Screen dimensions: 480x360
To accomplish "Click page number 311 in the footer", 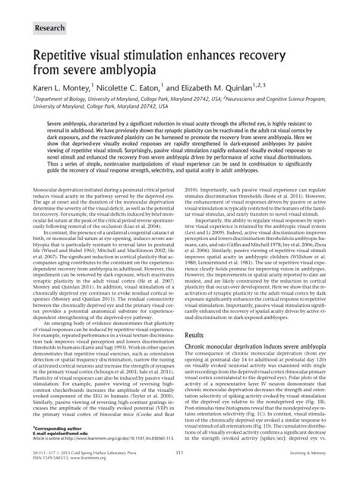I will coord(179,454).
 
